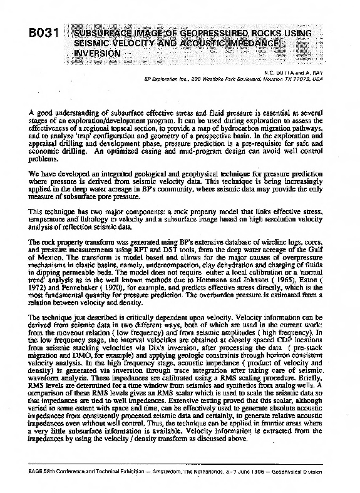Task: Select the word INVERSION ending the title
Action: click(x=97, y=54)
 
